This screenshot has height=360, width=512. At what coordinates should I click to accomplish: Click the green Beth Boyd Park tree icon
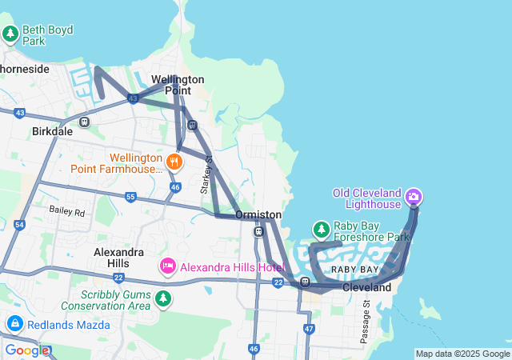point(10,34)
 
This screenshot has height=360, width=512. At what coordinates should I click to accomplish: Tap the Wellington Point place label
point(178,85)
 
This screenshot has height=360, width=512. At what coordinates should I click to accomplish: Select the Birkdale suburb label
point(52,130)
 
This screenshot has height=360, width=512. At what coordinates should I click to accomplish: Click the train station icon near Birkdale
point(84,122)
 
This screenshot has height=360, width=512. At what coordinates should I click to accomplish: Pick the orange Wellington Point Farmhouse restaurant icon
point(174,162)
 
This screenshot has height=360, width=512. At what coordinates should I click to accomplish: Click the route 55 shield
point(130,196)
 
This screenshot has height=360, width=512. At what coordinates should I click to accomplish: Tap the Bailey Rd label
point(66,212)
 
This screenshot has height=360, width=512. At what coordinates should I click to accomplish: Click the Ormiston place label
point(258,215)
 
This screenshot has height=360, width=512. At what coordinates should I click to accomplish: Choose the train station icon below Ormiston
point(258,231)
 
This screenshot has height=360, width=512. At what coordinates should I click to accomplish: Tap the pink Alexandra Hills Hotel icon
point(168,266)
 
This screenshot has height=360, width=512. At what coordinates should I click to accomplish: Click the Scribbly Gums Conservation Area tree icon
point(163,298)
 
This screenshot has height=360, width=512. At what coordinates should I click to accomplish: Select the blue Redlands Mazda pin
point(14,323)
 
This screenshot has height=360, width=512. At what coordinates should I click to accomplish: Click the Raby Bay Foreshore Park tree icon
point(321,230)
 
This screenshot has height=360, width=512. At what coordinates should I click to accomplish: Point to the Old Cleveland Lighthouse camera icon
point(414,196)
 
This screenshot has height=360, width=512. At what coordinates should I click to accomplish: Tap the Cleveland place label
point(367,287)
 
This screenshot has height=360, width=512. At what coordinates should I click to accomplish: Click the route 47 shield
point(309,329)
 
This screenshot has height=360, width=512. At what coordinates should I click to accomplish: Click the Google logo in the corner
point(27,350)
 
